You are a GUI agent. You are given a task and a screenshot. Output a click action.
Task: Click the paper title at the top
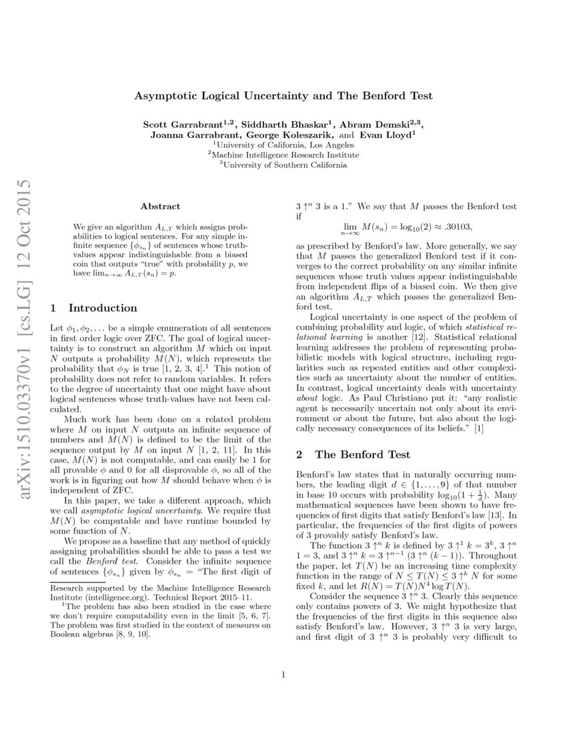click(283, 96)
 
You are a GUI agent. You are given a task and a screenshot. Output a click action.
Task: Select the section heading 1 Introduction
click(94, 309)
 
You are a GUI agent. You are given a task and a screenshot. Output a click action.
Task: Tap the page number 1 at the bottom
click(283, 675)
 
